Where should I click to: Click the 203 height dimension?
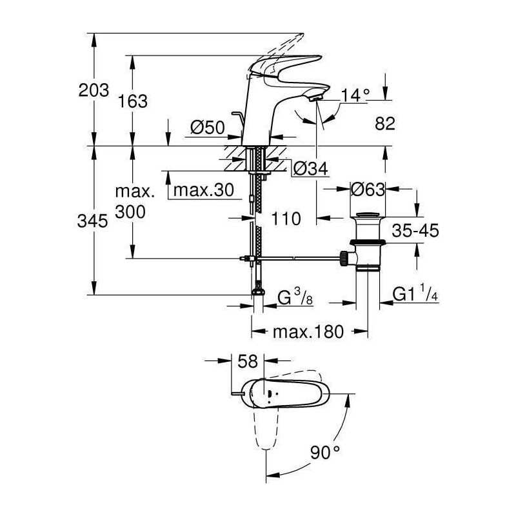94,90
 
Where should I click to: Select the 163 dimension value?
133,101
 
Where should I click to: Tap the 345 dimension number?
92,221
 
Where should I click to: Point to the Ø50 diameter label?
208,127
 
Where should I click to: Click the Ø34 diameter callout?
311,169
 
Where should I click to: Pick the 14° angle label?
355,95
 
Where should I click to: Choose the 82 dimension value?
384,124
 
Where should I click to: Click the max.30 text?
203,190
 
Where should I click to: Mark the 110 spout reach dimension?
286,219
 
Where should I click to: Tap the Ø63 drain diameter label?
368,189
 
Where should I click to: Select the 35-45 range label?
415,230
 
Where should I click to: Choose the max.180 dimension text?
308,332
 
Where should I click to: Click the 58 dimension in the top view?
248,361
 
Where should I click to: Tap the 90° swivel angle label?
325,452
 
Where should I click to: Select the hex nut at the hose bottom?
258,292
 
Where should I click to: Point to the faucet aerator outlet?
317,97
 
